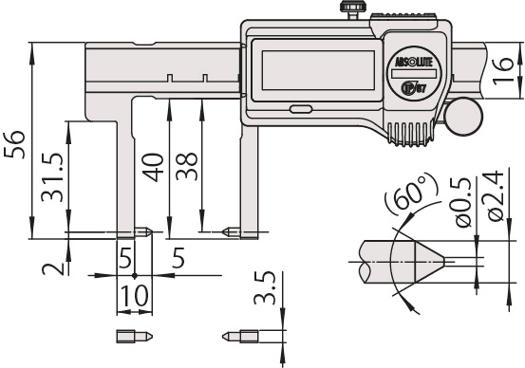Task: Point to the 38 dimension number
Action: point(186,163)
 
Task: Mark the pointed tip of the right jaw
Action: point(225,230)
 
